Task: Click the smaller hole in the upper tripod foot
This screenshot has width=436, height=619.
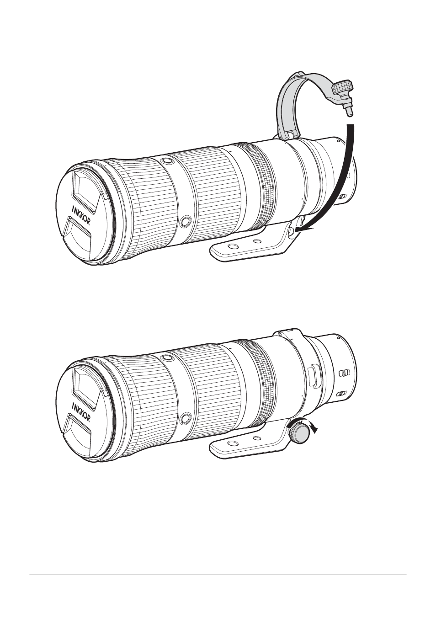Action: click(257, 241)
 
